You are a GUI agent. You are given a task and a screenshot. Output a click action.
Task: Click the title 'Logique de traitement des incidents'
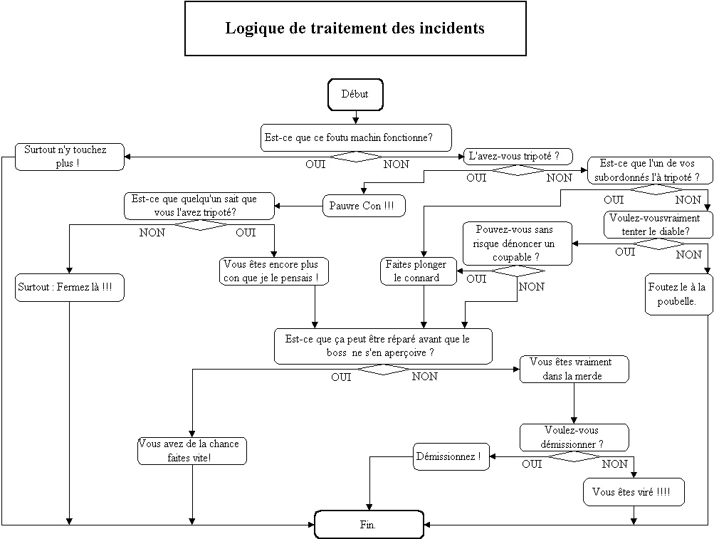coord(355,28)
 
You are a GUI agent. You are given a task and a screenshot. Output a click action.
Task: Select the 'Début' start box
coord(355,95)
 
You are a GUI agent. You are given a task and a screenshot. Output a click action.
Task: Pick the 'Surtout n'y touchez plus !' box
coord(70,157)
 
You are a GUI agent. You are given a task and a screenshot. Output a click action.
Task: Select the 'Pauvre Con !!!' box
coord(363,206)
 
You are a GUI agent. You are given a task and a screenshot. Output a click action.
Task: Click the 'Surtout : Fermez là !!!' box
coord(69,288)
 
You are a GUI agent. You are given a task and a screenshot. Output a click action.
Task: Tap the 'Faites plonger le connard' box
coord(417,271)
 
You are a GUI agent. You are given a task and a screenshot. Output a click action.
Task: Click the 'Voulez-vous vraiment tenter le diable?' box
coord(658,225)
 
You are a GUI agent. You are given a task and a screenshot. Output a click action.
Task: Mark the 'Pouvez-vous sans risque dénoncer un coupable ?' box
coord(518,243)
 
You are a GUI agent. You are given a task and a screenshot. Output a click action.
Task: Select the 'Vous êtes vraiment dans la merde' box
coord(575,369)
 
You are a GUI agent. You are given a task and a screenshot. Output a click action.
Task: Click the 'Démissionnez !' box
coord(451,456)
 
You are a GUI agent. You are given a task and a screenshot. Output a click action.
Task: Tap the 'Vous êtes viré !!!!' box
coord(634,492)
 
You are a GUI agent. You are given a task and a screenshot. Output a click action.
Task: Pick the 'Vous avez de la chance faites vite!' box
coord(192,451)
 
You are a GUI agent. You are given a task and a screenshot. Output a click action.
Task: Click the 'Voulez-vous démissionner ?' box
coord(574,437)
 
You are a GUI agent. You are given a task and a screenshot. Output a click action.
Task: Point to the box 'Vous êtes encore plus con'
coord(275,271)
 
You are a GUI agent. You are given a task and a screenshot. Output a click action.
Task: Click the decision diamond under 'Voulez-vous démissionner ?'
coord(575,456)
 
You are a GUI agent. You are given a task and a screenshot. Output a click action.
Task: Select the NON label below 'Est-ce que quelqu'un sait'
coord(152,232)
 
